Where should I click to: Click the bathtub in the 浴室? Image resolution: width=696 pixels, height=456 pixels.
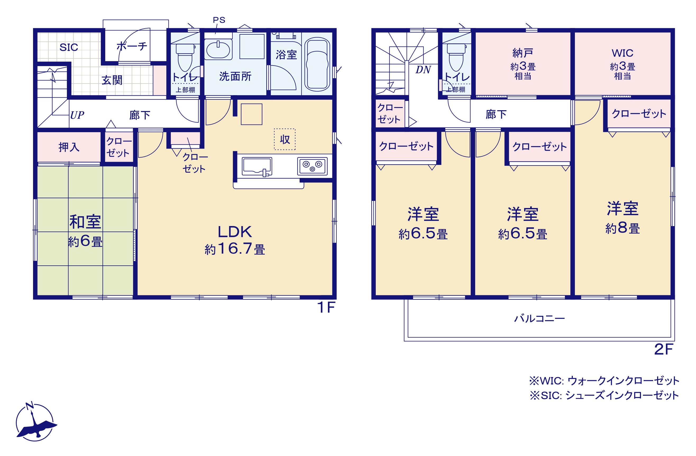click(x=317, y=64)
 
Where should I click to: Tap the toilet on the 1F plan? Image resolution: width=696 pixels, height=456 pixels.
click(x=185, y=57)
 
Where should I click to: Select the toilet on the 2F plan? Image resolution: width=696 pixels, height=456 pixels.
click(x=456, y=57)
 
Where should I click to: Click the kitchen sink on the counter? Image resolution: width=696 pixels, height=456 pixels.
click(x=257, y=167)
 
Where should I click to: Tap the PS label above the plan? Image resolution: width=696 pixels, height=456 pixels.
click(x=219, y=20)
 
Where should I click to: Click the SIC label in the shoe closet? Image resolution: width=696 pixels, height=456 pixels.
click(x=69, y=47)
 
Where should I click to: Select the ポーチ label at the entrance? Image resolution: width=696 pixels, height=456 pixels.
click(x=132, y=46)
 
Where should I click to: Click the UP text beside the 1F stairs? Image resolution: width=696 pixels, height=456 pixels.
click(x=77, y=115)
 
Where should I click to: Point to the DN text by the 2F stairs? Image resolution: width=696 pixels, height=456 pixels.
click(x=423, y=70)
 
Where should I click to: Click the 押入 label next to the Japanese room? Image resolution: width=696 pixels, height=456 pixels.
click(x=69, y=147)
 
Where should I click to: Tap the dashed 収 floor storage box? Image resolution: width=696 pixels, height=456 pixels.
click(x=285, y=139)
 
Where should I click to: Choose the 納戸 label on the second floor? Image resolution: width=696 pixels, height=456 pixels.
click(x=523, y=53)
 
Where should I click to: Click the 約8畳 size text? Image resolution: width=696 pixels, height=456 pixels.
click(x=622, y=229)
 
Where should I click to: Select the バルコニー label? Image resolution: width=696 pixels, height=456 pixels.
click(x=539, y=318)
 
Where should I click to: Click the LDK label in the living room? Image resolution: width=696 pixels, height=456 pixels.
click(x=235, y=232)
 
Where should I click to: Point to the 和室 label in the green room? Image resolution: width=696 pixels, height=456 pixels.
click(x=85, y=222)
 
